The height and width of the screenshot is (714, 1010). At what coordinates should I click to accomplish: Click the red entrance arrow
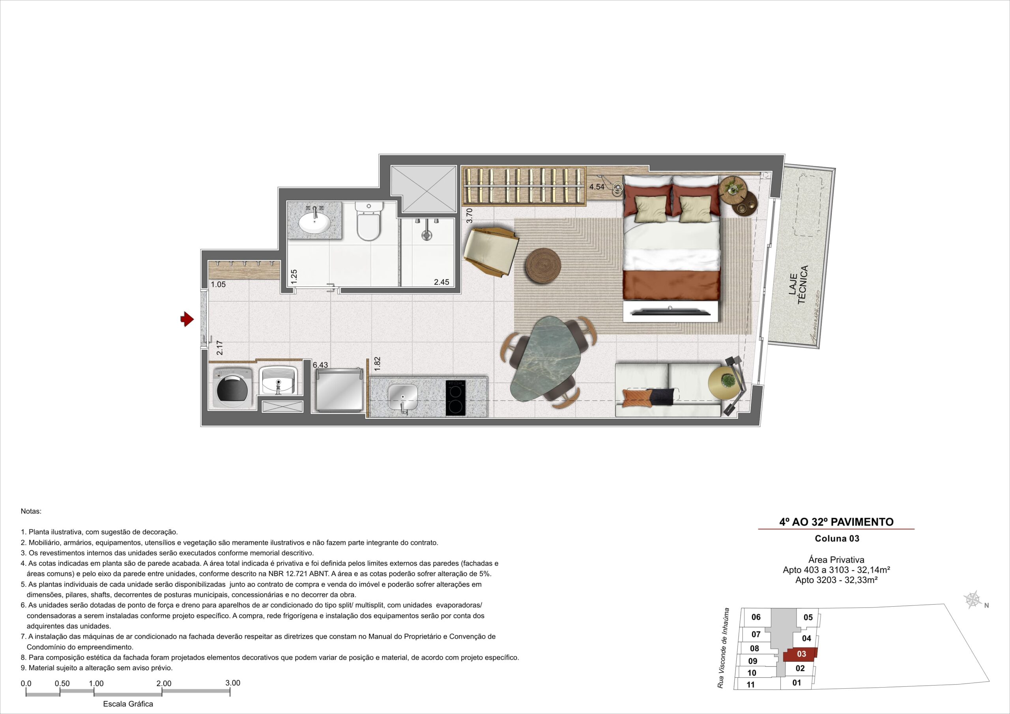point(187,319)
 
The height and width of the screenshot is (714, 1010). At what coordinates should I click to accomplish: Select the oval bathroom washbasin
point(314,222)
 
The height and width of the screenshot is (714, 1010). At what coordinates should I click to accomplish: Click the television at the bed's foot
point(670,312)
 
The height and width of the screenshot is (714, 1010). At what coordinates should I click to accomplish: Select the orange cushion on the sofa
point(639,397)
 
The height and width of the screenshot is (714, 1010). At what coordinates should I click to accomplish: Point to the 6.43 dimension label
point(320,365)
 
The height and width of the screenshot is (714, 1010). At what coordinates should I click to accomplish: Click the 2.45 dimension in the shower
point(441,282)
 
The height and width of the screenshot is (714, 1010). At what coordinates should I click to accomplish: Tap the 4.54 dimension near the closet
point(597,187)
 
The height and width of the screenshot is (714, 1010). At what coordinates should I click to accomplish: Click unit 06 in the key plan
point(756,617)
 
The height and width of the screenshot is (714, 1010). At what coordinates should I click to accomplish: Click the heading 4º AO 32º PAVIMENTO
point(836,522)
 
